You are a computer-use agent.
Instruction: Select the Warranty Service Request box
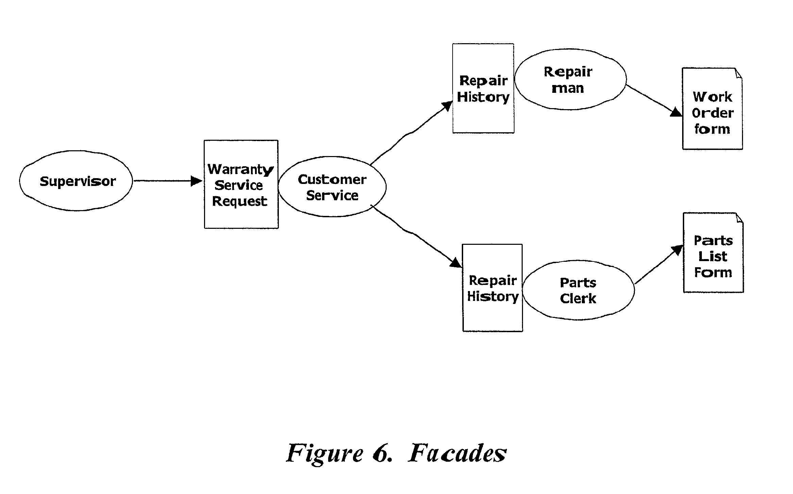click(x=241, y=184)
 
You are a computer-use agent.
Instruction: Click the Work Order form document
click(x=712, y=108)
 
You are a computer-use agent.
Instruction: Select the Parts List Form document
click(x=713, y=253)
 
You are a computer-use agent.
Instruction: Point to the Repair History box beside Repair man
click(x=483, y=88)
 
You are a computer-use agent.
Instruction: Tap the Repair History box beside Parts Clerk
click(x=492, y=288)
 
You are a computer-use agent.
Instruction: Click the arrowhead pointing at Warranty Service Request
click(x=197, y=181)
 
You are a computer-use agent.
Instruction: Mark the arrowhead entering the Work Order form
click(x=676, y=112)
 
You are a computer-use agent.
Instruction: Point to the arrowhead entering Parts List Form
click(x=678, y=250)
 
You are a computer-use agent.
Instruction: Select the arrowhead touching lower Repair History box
click(x=456, y=262)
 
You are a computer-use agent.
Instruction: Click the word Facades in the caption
click(x=457, y=453)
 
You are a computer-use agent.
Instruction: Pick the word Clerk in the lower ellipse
click(x=578, y=299)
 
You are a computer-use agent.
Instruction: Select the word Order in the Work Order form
click(x=713, y=113)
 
